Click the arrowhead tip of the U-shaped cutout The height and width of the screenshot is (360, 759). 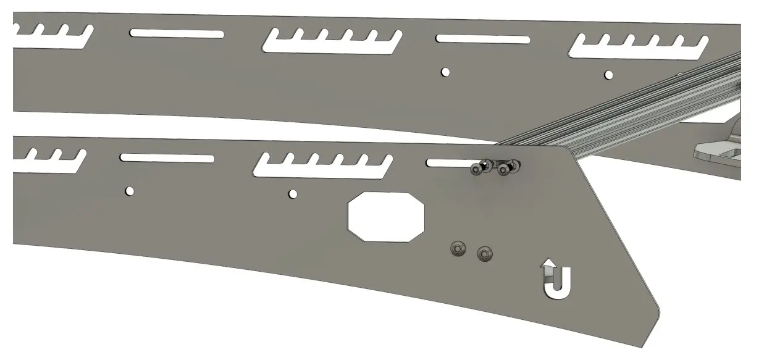pyautogui.click(x=547, y=262)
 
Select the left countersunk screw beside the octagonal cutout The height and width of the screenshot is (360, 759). pyautogui.click(x=457, y=248)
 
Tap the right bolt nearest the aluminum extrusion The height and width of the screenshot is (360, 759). pyautogui.click(x=509, y=167)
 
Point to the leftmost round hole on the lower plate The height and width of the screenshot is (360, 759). pyautogui.click(x=130, y=190)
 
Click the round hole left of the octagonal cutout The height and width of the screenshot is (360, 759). pyautogui.click(x=293, y=194)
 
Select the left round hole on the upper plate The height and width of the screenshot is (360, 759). pyautogui.click(x=445, y=72)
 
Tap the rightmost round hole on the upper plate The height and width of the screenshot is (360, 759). pyautogui.click(x=609, y=75)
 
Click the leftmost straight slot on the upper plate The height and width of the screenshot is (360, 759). pyautogui.click(x=177, y=33)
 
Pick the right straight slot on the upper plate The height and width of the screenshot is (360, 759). pyautogui.click(x=482, y=39)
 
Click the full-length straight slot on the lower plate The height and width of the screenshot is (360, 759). pyautogui.click(x=167, y=158)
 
